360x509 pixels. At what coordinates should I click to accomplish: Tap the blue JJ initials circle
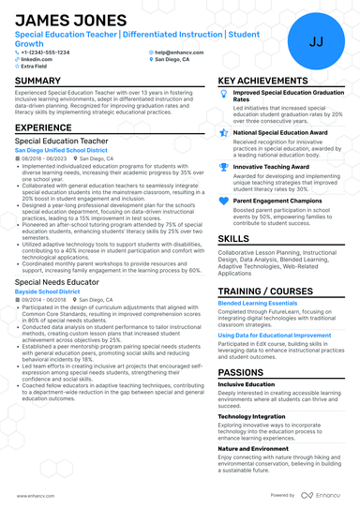point(315,41)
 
